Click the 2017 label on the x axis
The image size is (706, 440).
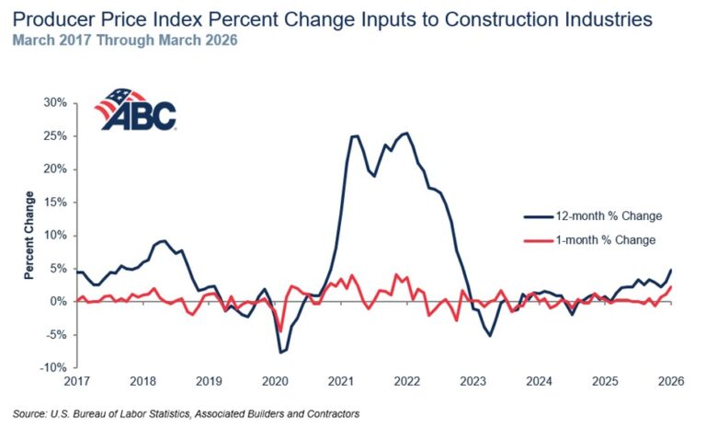click(77, 381)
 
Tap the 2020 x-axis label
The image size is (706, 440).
click(276, 381)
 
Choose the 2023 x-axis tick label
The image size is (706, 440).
click(473, 381)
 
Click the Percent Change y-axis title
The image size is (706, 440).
click(29, 235)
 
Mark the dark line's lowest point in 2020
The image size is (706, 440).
click(281, 353)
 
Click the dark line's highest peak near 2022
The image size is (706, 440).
click(407, 133)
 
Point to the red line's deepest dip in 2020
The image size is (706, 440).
click(279, 331)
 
